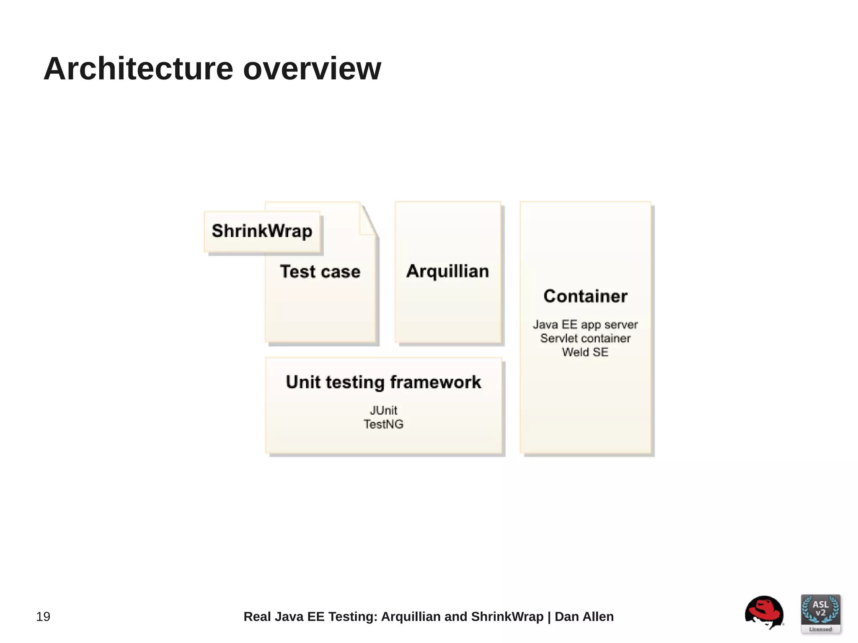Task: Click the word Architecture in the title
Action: (138, 69)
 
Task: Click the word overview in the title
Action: (312, 69)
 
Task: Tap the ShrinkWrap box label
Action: (262, 231)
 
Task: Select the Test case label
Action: (320, 271)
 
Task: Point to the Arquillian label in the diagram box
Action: (447, 271)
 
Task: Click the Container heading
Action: (585, 296)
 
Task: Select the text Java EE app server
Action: (585, 325)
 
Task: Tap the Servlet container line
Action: (585, 338)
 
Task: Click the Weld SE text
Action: (585, 352)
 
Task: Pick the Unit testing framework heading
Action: (383, 382)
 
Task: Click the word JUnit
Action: (383, 410)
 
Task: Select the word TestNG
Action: (383, 424)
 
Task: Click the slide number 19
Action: (43, 617)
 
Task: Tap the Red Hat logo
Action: (764, 612)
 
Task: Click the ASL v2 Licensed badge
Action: (820, 614)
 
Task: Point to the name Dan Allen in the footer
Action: (584, 617)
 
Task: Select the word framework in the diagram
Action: (435, 382)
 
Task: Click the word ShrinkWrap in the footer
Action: (507, 617)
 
